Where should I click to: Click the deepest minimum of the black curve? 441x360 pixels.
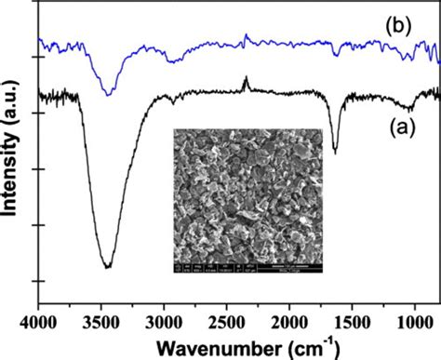[x=108, y=267]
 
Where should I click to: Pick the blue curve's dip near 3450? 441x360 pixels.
[x=109, y=93]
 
